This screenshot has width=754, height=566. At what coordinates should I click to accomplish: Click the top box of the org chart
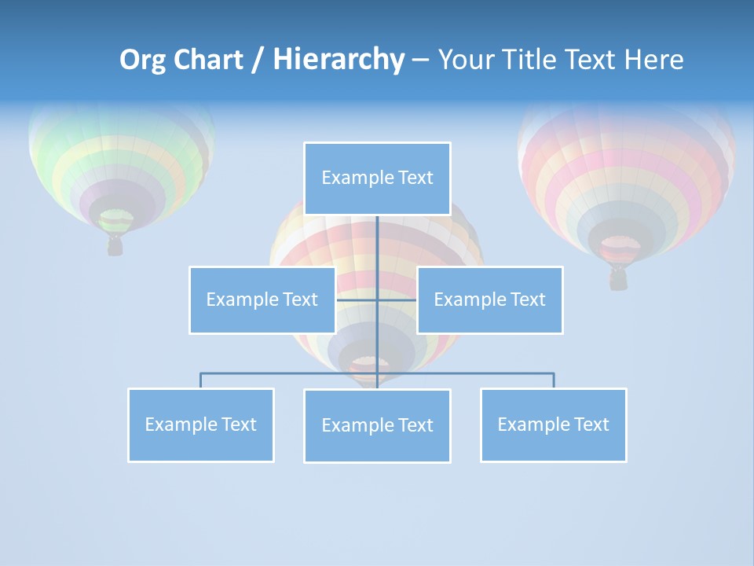coord(377,178)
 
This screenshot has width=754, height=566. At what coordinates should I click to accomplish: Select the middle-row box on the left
coord(262,300)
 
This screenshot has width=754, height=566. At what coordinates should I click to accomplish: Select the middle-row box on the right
coord(489,300)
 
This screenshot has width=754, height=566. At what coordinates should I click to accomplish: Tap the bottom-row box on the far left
coord(200,424)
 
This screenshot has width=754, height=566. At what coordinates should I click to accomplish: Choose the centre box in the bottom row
coord(377,425)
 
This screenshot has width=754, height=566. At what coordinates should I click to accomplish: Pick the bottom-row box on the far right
coord(553,424)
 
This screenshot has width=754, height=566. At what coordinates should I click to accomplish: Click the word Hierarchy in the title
coord(339,60)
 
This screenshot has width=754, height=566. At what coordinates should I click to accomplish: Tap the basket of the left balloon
coord(115,246)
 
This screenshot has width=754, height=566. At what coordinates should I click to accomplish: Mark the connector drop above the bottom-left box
coord(201,380)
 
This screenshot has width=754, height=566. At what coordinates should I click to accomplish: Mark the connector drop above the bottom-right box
coord(554,380)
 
